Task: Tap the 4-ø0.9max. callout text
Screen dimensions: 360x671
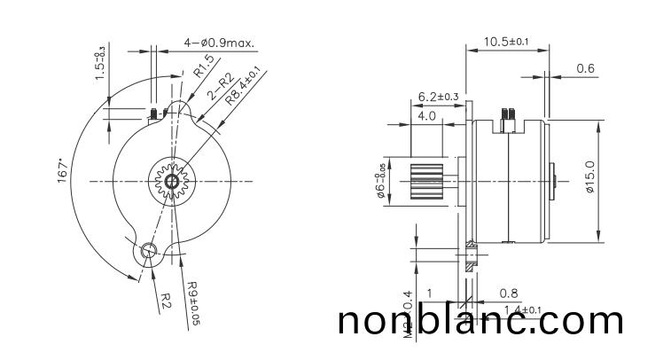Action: pos(220,42)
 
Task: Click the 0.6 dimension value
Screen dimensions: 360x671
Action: pos(585,68)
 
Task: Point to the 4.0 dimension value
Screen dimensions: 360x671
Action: pos(426,116)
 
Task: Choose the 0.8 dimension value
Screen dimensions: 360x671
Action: pos(509,293)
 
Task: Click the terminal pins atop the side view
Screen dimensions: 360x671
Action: pos(508,114)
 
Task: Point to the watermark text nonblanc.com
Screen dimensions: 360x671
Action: pos(481,320)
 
